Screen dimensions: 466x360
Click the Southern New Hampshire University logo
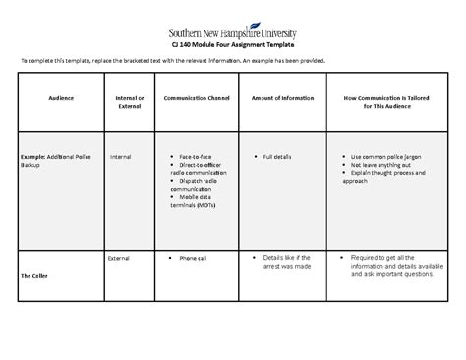point(232,32)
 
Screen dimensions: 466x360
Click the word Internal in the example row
point(121,156)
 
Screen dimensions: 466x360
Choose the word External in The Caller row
point(121,258)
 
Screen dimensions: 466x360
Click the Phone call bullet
point(194,258)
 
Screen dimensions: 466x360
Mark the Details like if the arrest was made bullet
point(289,263)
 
